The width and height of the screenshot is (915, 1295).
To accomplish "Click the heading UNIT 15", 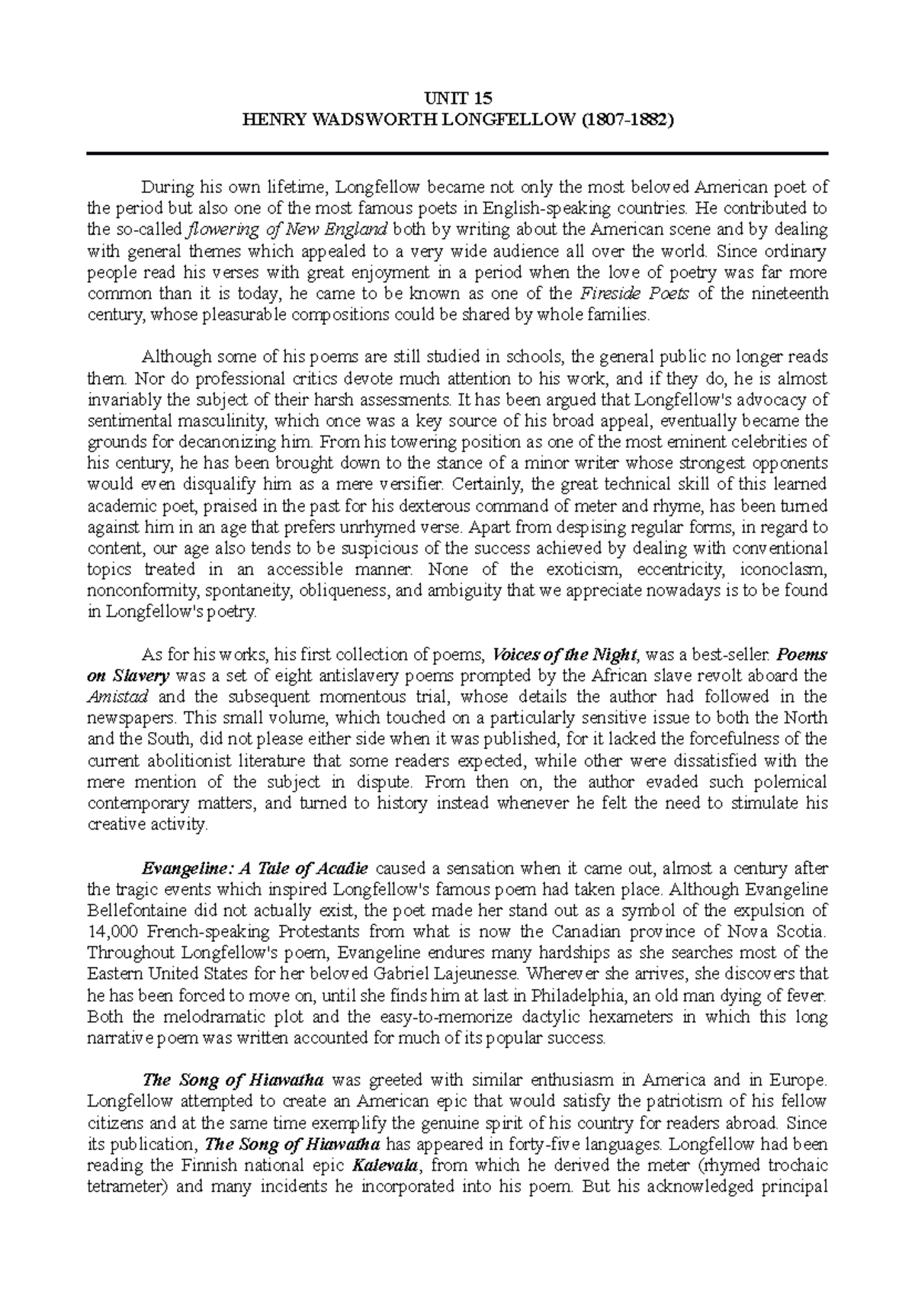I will click(x=457, y=98).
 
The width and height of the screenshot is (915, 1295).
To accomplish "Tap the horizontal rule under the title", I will click(x=457, y=153).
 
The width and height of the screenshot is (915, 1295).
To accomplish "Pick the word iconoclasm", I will click(x=788, y=569).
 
